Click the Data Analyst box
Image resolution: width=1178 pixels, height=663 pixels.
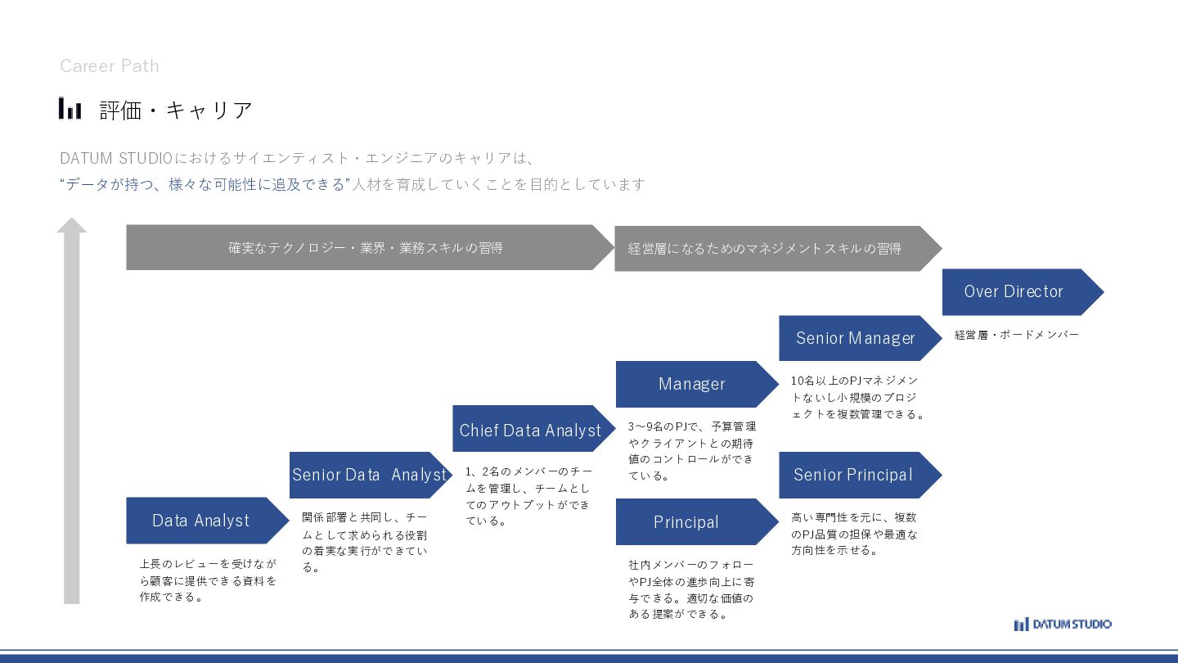(x=201, y=521)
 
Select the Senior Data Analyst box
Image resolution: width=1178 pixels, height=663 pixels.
(x=369, y=475)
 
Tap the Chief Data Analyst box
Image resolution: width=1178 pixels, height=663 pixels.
(x=530, y=430)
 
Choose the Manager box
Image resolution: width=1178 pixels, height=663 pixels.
(x=692, y=384)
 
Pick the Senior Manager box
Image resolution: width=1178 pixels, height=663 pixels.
(x=856, y=338)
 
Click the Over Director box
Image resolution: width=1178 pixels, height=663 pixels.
(x=1014, y=291)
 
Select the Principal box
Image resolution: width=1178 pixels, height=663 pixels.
(x=686, y=522)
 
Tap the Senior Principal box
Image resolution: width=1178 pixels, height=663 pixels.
(x=853, y=475)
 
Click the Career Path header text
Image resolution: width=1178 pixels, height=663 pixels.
(x=110, y=66)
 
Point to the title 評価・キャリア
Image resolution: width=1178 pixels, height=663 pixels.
(x=176, y=110)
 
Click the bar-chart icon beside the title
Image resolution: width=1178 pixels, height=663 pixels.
(x=70, y=108)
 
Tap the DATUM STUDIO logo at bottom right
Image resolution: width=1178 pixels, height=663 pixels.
(x=1063, y=625)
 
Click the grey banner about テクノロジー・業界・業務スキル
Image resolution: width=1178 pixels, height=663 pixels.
(x=366, y=247)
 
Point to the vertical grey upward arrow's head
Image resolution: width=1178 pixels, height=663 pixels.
(x=72, y=225)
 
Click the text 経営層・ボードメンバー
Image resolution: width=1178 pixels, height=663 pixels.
(x=1017, y=335)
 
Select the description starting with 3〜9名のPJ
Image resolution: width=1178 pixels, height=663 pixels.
(x=692, y=450)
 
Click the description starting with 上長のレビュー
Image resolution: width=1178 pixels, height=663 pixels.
(x=208, y=580)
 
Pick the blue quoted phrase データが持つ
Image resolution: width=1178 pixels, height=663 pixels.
(x=205, y=184)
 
